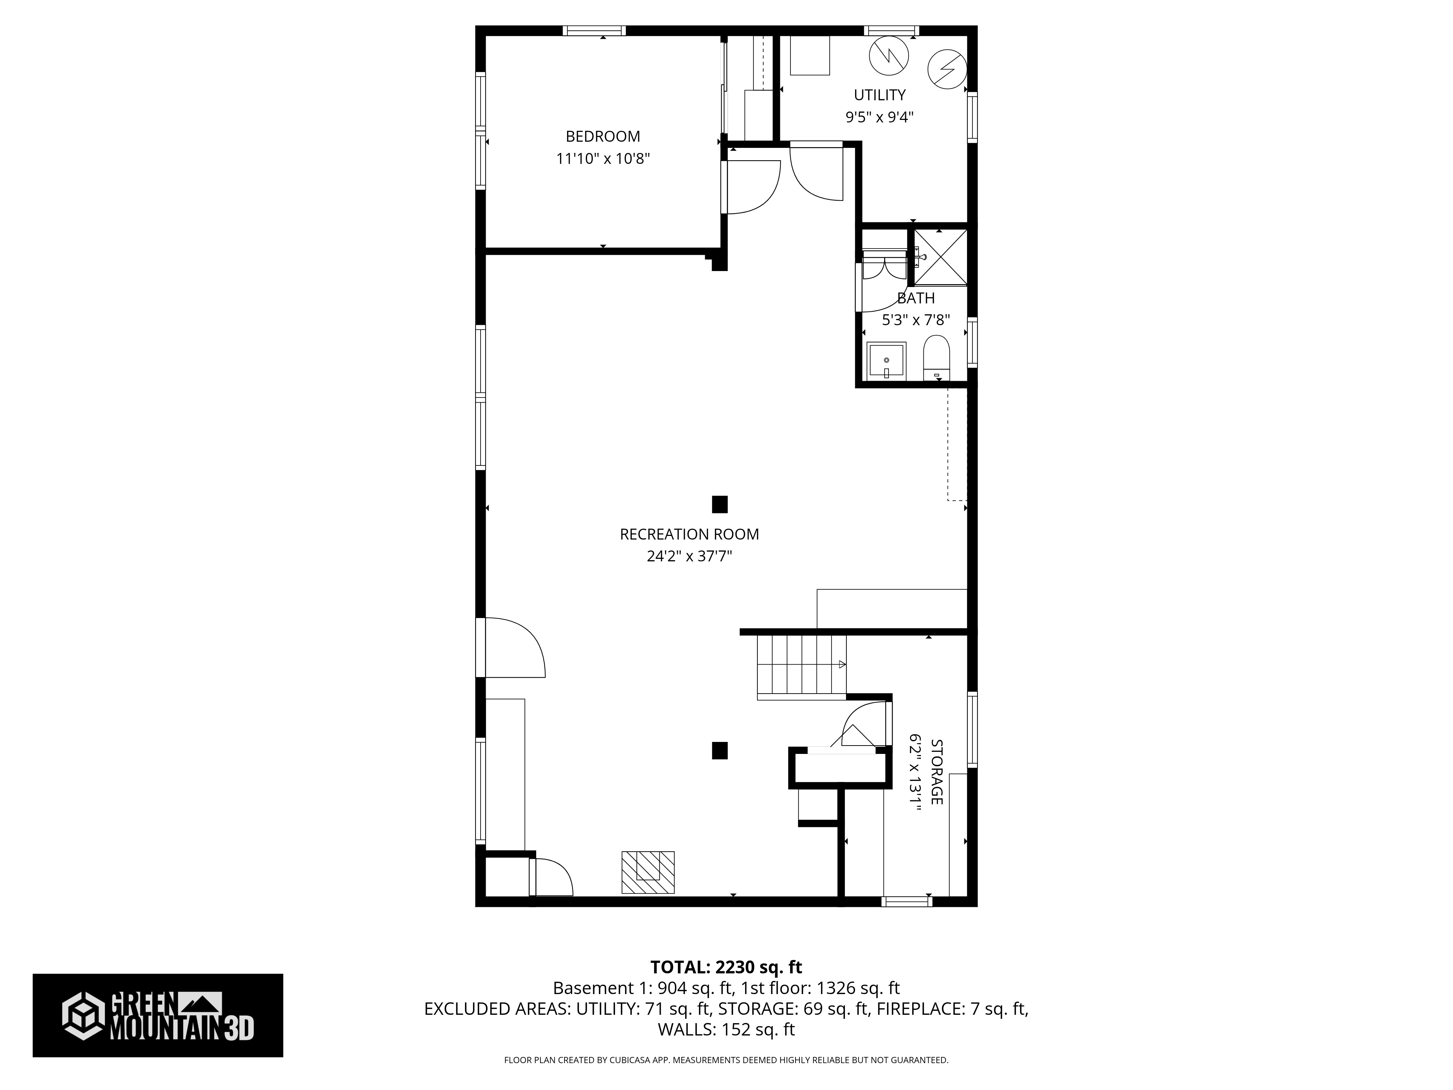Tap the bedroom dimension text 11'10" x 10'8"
(602, 158)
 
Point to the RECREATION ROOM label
(689, 534)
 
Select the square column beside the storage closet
(719, 750)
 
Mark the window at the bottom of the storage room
(906, 901)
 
